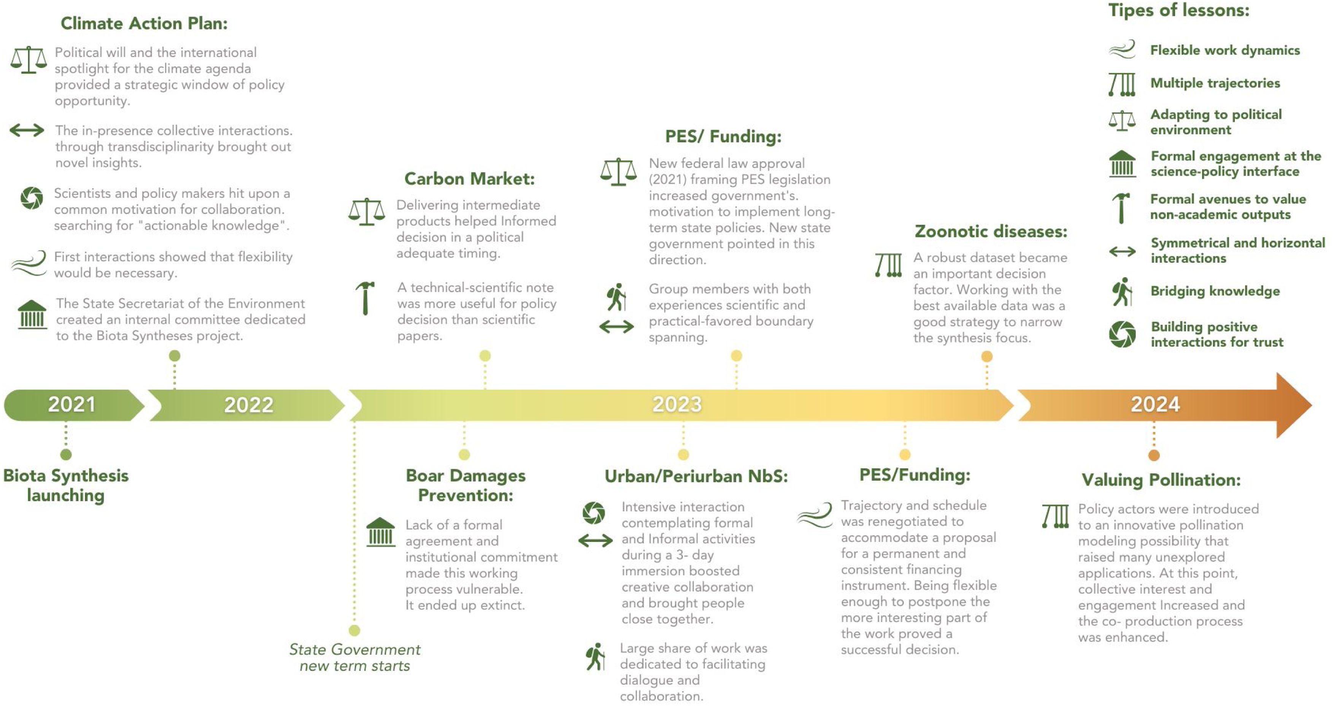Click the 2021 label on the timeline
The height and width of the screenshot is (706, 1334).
point(72,404)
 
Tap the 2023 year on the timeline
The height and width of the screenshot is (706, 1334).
point(677,404)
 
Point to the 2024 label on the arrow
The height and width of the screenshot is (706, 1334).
point(1155,404)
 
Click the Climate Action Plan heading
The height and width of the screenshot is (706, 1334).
point(144,23)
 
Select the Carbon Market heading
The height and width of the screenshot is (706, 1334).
point(469,179)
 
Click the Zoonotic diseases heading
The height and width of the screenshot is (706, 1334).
point(991,232)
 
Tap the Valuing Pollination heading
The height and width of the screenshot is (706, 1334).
point(1161,480)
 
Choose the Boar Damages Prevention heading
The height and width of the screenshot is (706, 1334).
point(465,485)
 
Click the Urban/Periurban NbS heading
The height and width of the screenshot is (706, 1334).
point(696,476)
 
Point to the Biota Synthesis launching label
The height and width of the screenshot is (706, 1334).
point(66,485)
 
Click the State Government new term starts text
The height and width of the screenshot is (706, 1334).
point(355,657)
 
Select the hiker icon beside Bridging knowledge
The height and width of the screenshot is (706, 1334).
point(1122,291)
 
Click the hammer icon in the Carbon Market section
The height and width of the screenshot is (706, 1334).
point(365,298)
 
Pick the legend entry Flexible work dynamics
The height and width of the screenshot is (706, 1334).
point(1225,50)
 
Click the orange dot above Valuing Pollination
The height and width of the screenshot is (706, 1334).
point(1154,455)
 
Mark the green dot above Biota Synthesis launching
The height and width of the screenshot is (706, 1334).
point(66,454)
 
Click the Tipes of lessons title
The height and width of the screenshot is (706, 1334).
point(1178,10)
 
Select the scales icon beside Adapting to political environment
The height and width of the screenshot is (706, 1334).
point(1122,121)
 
